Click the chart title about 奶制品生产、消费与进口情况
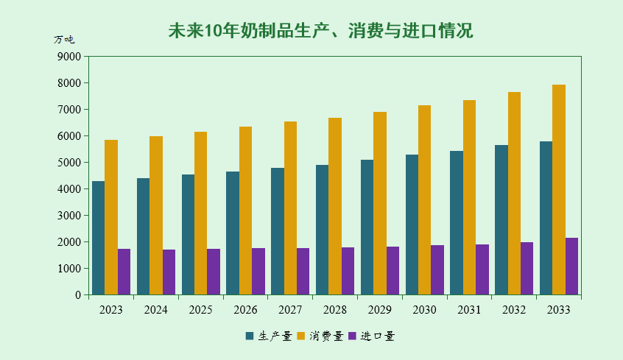coord(320,31)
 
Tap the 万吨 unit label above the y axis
coord(64,40)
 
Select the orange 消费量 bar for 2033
coord(559,190)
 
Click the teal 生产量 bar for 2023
coord(98,238)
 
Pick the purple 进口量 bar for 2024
coord(169,272)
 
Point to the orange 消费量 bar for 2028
coord(335,206)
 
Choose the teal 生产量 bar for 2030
coord(412,225)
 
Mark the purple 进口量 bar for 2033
coord(571,267)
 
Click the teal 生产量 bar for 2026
coord(233,233)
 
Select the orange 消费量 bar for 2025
coord(200,213)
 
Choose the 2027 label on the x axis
coord(290,310)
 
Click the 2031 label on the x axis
coord(469,310)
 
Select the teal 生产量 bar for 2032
coord(501,220)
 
